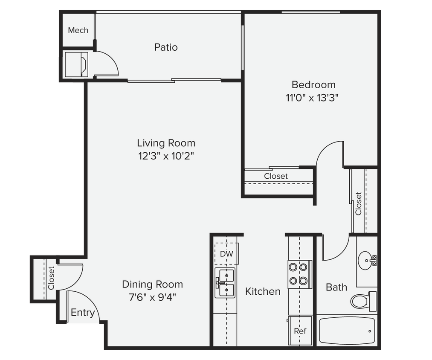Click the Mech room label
pos(78,30)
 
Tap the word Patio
pos(166,47)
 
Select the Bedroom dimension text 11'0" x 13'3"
pos(313,98)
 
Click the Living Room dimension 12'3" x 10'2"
pos(166,156)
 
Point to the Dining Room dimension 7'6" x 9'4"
pos(152,297)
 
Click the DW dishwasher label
pos(226,254)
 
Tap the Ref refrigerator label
pos(300,331)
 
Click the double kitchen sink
pos(225,283)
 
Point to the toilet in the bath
pos(363,302)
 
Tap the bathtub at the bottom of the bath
pos(346,331)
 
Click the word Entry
pos(83,313)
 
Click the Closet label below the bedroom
pos(276,176)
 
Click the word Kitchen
pos(263,291)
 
